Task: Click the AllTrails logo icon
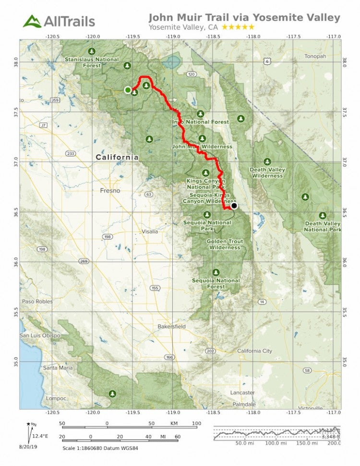point(32,21)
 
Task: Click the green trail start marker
point(128,90)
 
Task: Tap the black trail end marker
point(234,206)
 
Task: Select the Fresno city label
point(110,191)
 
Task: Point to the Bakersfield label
point(171,327)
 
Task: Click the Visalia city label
point(149,232)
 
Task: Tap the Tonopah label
point(315,56)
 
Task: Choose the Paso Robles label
point(36,302)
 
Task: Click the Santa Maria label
point(58,368)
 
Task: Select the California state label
point(117,157)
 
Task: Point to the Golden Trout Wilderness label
point(225,245)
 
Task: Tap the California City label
point(254,351)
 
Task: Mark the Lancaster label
point(242,392)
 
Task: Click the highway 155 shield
point(155,288)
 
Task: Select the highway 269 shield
point(84,261)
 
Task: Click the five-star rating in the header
point(238,27)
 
